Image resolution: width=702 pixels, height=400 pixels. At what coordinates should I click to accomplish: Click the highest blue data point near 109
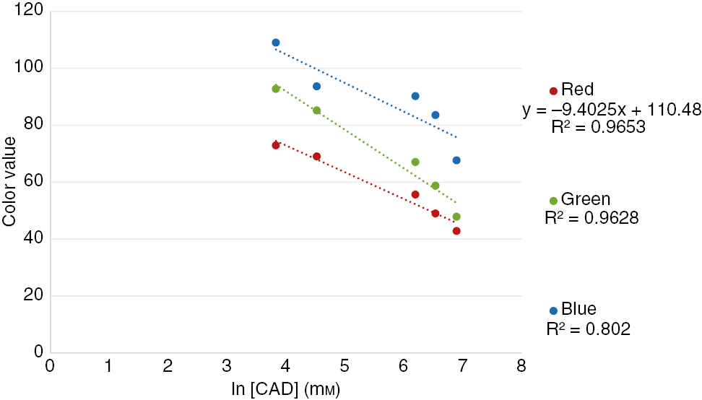pyautogui.click(x=276, y=43)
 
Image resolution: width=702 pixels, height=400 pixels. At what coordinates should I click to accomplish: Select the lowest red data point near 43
pyautogui.click(x=456, y=231)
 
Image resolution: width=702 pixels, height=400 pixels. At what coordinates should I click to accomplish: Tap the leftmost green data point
pyautogui.click(x=276, y=89)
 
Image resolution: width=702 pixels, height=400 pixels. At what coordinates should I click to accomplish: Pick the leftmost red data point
pyautogui.click(x=276, y=145)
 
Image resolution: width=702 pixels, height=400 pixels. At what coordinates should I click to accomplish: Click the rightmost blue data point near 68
pyautogui.click(x=456, y=160)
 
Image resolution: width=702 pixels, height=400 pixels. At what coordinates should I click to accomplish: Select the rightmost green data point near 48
pyautogui.click(x=456, y=217)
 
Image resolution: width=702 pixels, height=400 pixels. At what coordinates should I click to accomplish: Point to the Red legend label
pyautogui.click(x=577, y=90)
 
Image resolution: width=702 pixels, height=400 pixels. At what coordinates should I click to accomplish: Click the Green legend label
pyautogui.click(x=585, y=200)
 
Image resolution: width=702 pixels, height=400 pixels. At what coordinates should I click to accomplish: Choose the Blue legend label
pyautogui.click(x=578, y=310)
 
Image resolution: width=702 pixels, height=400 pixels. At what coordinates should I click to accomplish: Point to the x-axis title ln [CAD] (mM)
pyautogui.click(x=285, y=389)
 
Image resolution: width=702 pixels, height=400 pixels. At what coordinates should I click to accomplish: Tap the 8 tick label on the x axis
pyautogui.click(x=521, y=366)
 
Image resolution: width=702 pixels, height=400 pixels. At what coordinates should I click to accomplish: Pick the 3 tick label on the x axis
pyautogui.click(x=226, y=366)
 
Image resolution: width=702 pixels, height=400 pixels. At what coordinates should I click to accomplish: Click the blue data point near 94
pyautogui.click(x=316, y=86)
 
